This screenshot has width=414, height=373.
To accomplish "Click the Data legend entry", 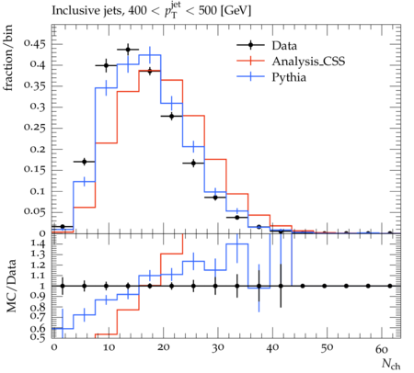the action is (267, 45).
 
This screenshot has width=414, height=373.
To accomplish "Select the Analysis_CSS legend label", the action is (308, 62).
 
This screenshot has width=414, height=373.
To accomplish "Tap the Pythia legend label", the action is (289, 77).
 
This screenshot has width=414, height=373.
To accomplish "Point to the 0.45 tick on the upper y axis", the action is (35, 44).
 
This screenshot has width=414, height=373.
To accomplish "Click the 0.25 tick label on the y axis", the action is (35, 128).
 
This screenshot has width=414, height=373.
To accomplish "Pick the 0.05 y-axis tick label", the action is (35, 211).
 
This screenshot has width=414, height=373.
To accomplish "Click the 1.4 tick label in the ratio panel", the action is (38, 244).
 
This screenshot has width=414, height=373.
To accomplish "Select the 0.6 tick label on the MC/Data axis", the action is (38, 329).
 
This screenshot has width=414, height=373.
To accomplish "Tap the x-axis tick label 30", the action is (218, 348).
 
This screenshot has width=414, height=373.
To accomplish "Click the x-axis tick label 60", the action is (382, 348).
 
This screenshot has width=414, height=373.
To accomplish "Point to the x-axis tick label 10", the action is (109, 348).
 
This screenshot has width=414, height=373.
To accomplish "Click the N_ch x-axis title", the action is (391, 364).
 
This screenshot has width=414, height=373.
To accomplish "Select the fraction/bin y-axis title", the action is (8, 58).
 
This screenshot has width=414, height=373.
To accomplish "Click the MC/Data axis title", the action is (11, 286).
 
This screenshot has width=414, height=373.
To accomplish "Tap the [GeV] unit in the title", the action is (236, 11).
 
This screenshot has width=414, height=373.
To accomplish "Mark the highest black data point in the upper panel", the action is (128, 50).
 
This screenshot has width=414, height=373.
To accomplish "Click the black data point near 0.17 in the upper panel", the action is (85, 162).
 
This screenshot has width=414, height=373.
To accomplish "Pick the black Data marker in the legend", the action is (250, 45).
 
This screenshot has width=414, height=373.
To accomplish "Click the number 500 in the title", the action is (208, 11).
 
